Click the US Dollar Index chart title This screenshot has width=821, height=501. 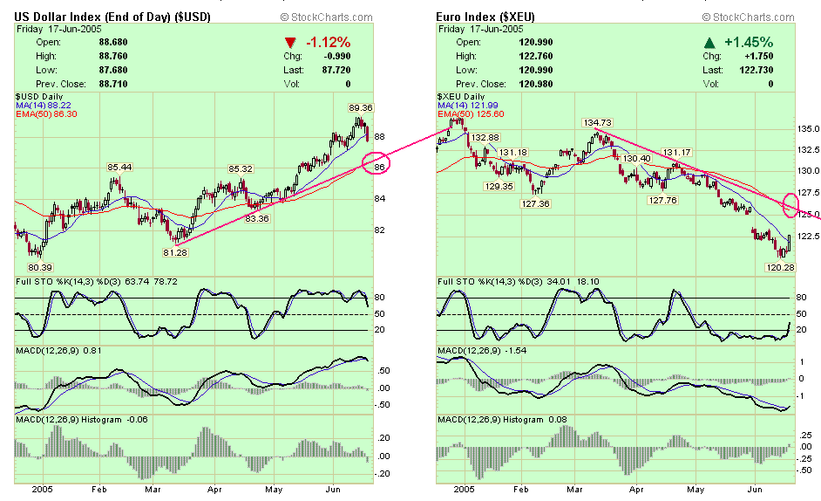tap(116, 17)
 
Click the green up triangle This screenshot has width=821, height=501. tap(710, 42)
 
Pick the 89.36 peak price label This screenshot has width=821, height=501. tap(361, 107)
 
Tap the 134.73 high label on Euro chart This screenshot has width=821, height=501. tap(597, 123)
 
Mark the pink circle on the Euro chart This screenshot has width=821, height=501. tap(792, 205)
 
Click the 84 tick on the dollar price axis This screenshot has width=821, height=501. tap(380, 198)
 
